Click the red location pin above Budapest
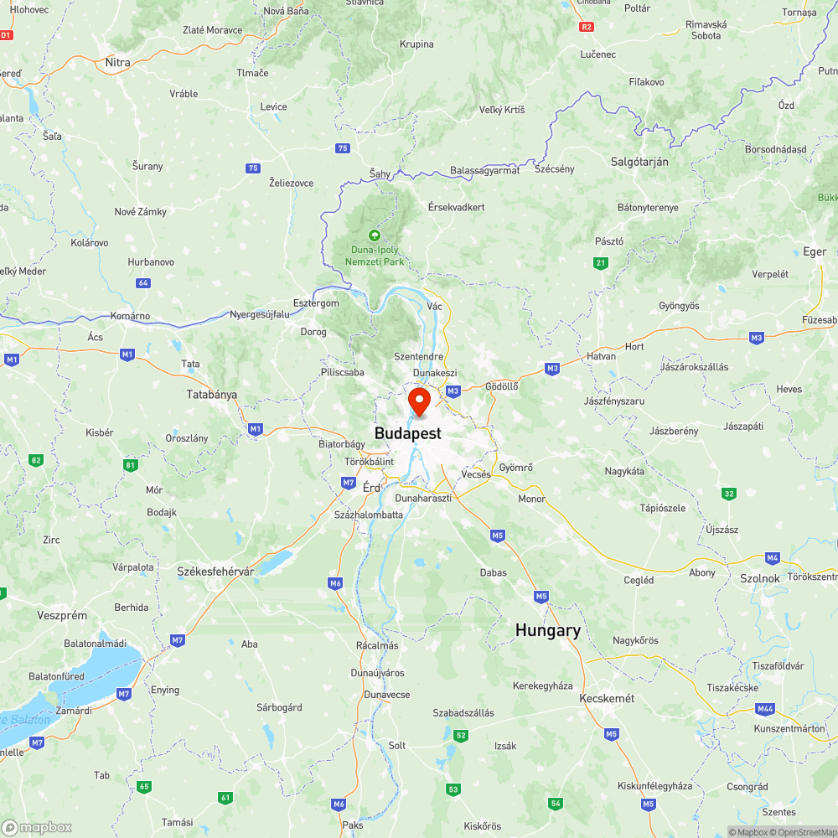click(x=418, y=401)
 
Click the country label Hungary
click(x=548, y=630)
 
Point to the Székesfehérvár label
click(x=215, y=571)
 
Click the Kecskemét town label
click(x=607, y=698)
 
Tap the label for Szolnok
click(x=760, y=578)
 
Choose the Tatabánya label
click(x=212, y=394)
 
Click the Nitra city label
click(x=118, y=62)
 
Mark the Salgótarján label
click(x=640, y=162)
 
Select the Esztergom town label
click(x=317, y=303)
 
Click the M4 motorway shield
click(x=772, y=557)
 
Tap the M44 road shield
click(x=764, y=709)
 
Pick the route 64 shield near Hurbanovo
click(x=143, y=282)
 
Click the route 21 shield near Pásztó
click(x=600, y=263)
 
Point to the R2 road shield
click(x=587, y=27)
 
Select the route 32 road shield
click(x=729, y=494)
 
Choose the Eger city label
click(x=815, y=251)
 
